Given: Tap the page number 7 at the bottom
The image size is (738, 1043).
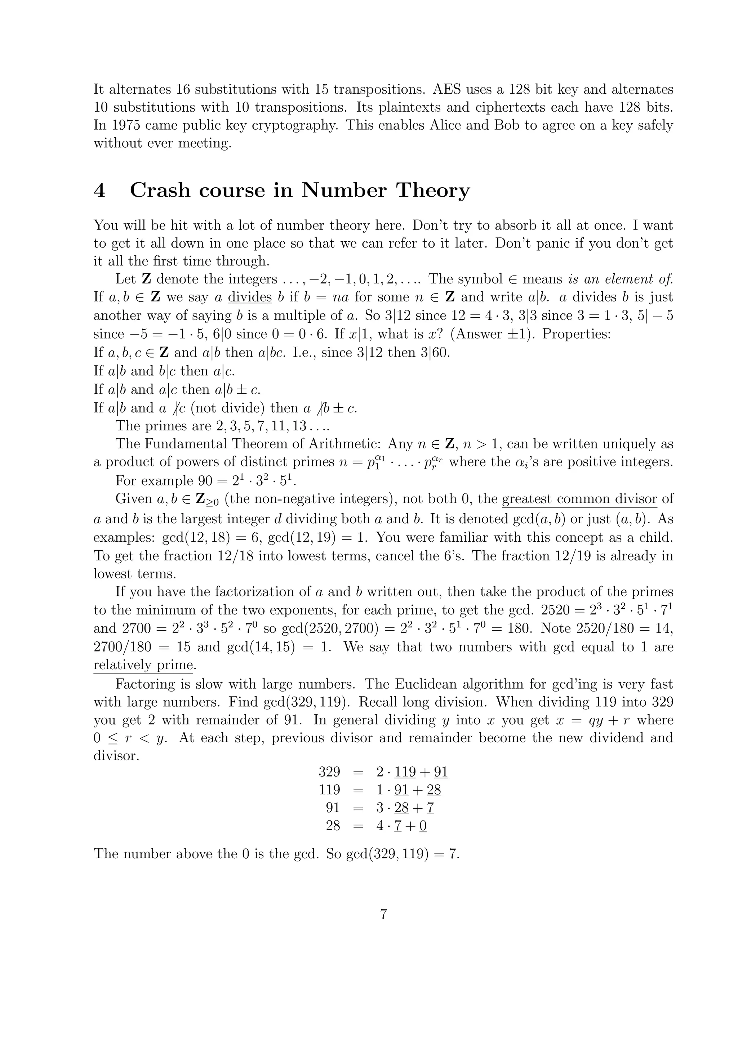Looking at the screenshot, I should (383, 914).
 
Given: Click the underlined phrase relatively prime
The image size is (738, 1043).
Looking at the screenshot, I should (143, 665).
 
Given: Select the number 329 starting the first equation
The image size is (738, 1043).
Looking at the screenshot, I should (329, 772).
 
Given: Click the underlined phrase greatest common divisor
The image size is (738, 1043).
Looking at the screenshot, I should (579, 499).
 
